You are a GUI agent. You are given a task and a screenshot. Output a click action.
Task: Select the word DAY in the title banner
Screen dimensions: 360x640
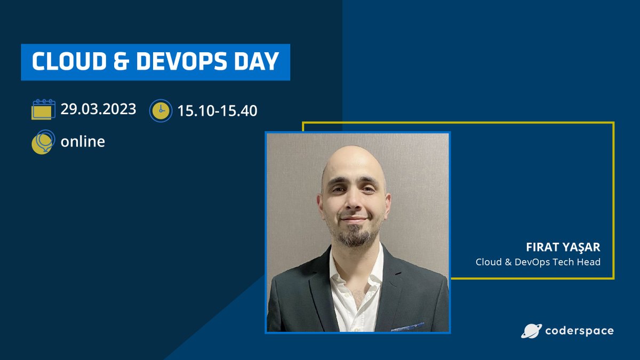pos(259,62)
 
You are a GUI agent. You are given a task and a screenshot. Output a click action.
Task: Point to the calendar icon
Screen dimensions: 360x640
pos(43,109)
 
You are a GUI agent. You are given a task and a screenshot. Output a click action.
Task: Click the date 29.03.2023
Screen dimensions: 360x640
pos(98,109)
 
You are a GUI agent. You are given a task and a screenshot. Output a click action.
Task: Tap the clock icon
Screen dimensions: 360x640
pos(161,110)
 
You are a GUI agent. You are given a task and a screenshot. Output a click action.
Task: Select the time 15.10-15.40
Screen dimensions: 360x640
pos(218,110)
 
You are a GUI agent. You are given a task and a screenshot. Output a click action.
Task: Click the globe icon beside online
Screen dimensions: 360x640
pos(43,142)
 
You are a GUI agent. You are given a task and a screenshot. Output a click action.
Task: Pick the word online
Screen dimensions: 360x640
pos(83,142)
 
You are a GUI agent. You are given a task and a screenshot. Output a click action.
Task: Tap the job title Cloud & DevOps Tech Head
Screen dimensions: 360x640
pos(538,262)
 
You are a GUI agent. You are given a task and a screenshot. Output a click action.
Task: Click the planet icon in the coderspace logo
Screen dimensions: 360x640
pos(531,331)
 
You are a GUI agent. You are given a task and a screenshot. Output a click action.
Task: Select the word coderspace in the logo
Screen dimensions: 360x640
pos(579,331)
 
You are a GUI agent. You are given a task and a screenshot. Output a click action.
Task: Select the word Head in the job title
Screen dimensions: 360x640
pos(589,262)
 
